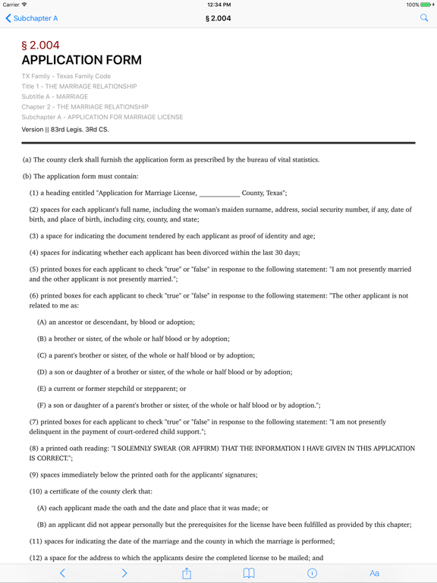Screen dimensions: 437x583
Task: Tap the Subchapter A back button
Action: tap(32, 18)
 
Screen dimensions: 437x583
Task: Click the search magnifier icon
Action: tap(424, 17)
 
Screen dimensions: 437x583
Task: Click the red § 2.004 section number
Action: tap(40, 46)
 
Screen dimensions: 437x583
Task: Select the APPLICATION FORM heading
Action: tap(81, 61)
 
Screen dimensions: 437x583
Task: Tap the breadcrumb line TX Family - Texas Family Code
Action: tap(66, 77)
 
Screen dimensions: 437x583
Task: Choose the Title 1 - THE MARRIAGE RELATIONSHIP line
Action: tap(79, 87)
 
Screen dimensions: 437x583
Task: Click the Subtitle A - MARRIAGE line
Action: tap(55, 97)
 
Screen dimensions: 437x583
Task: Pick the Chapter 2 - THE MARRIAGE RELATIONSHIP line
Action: tap(85, 107)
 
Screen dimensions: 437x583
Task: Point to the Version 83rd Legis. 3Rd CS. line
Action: tap(65, 130)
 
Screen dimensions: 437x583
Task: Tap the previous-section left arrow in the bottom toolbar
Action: tap(62, 573)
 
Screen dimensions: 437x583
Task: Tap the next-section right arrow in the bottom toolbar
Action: tap(124, 573)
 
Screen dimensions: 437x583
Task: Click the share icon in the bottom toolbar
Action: tap(187, 573)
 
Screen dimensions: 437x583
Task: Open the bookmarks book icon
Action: tap(249, 573)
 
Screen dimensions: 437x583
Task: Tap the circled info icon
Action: tap(312, 573)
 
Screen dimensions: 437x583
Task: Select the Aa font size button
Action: tap(374, 573)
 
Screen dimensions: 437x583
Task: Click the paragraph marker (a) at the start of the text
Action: tap(27, 159)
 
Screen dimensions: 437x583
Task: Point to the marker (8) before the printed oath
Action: tap(34, 449)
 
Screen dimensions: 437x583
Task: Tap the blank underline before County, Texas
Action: tap(219, 193)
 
